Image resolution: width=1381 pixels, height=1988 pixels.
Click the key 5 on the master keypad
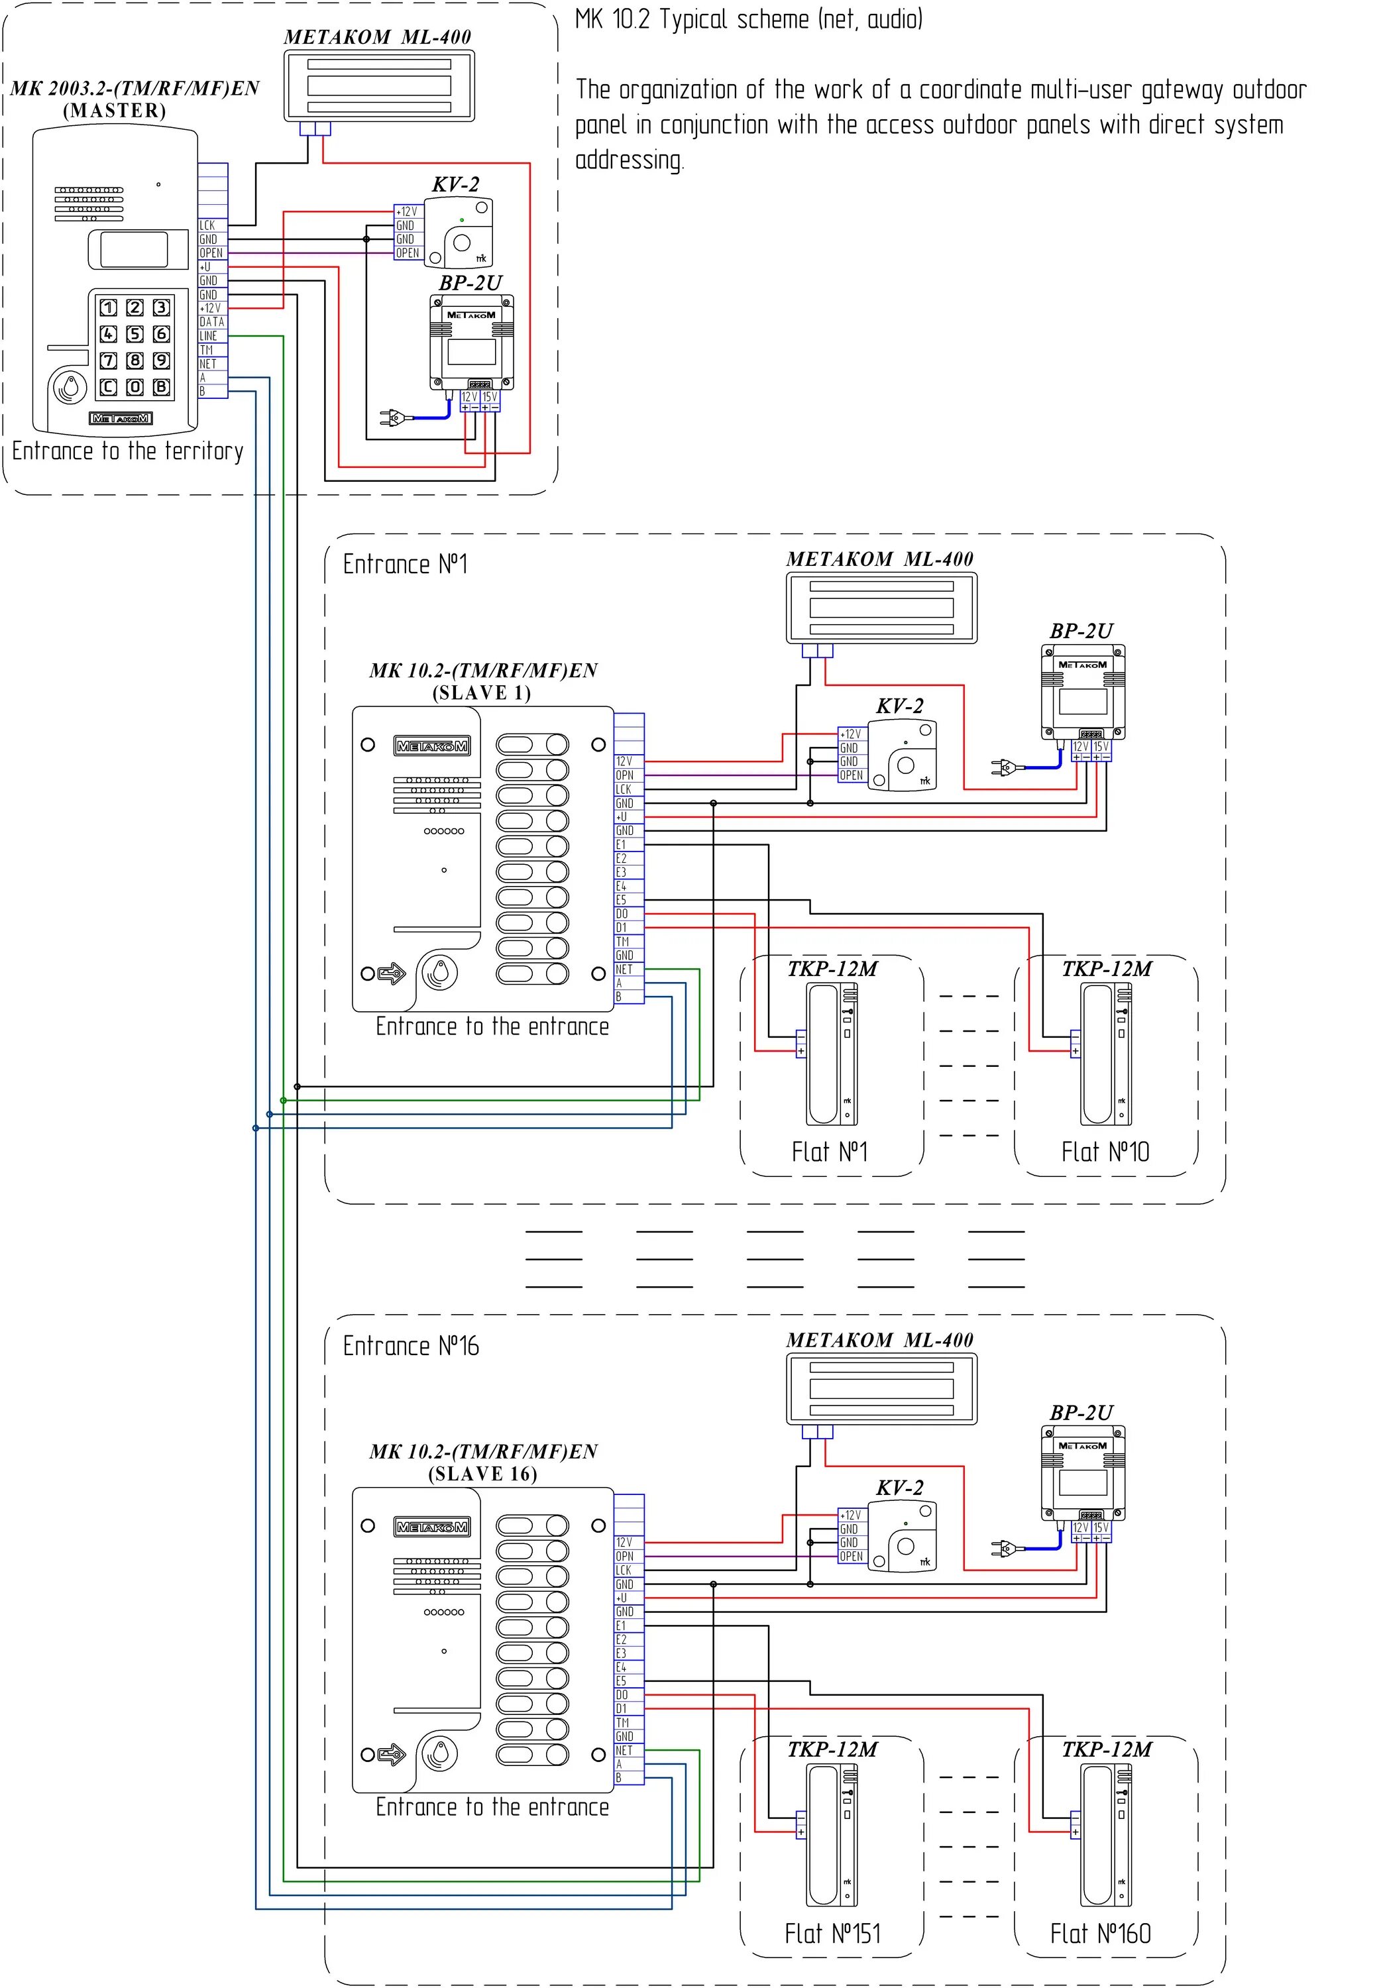135,334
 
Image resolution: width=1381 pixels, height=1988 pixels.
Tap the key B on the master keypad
161,387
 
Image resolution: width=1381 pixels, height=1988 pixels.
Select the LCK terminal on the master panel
212,225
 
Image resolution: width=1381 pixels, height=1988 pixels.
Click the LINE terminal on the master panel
212,336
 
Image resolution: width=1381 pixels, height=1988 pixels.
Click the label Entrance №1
405,565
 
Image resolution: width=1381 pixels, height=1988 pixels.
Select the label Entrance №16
410,1346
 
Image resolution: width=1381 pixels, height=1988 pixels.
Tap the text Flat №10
1105,1152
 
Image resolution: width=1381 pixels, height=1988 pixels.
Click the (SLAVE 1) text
482,693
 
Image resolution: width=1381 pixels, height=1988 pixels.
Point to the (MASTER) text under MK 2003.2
114,111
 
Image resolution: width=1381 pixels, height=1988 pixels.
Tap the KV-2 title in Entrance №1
899,706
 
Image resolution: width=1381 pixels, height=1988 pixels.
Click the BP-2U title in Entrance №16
1081,1413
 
